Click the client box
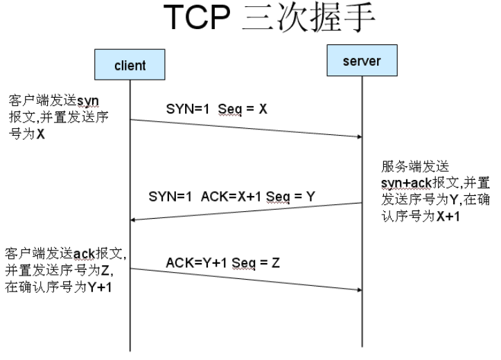[130, 66]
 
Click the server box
[362, 63]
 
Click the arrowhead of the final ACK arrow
[359, 289]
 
